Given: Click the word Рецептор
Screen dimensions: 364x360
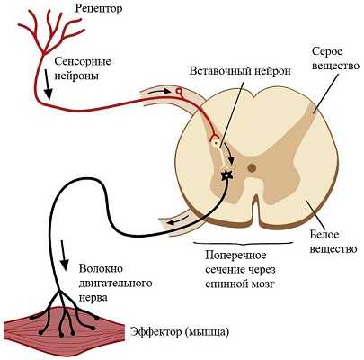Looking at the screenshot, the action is [99, 8].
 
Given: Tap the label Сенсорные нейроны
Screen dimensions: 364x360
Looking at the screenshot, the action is [83, 68].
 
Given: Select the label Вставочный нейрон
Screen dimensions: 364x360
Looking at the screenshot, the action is [240, 71].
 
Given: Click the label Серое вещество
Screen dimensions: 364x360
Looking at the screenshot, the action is [335, 58].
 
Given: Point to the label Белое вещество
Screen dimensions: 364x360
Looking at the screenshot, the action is [333, 241].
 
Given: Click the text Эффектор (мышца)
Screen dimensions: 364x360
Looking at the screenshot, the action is [180, 332].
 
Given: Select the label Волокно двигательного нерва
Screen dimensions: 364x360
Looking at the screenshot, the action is [115, 283].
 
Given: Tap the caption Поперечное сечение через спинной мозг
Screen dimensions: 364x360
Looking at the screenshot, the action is [240, 269].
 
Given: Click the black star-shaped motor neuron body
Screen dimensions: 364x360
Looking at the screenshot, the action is [226, 175].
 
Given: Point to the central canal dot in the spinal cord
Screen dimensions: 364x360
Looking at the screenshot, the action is [252, 168].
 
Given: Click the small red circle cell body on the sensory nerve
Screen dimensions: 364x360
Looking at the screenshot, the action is [179, 91].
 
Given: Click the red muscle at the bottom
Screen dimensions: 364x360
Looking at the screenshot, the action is [64, 328].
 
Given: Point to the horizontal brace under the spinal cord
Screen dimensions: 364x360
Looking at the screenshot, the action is [243, 243].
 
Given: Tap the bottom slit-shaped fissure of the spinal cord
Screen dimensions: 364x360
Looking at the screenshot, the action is [255, 209].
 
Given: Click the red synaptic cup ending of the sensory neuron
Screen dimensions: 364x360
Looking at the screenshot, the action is [215, 138].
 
